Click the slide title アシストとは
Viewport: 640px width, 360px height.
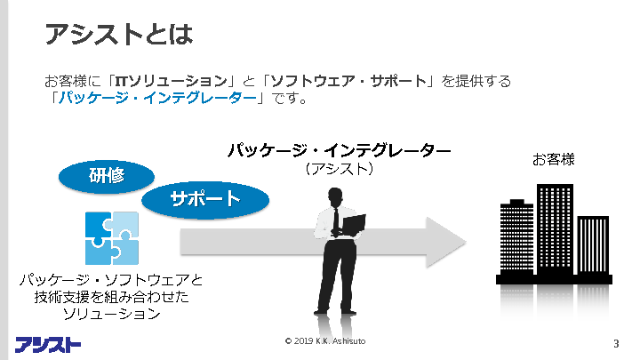pos(119,35)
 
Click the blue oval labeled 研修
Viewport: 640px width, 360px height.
pos(105,176)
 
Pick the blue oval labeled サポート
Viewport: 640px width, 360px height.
pos(204,198)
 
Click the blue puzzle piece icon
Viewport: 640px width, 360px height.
pos(111,238)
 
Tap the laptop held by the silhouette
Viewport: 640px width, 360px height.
pos(353,223)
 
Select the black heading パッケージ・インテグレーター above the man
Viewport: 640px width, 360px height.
pos(339,149)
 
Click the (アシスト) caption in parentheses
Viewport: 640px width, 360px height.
pos(338,167)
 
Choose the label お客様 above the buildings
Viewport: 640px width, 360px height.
pos(554,160)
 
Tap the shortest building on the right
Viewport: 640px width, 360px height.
pos(593,244)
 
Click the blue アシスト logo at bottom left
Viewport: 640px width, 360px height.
pos(49,344)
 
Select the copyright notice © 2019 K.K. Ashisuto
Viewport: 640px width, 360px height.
pos(325,341)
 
